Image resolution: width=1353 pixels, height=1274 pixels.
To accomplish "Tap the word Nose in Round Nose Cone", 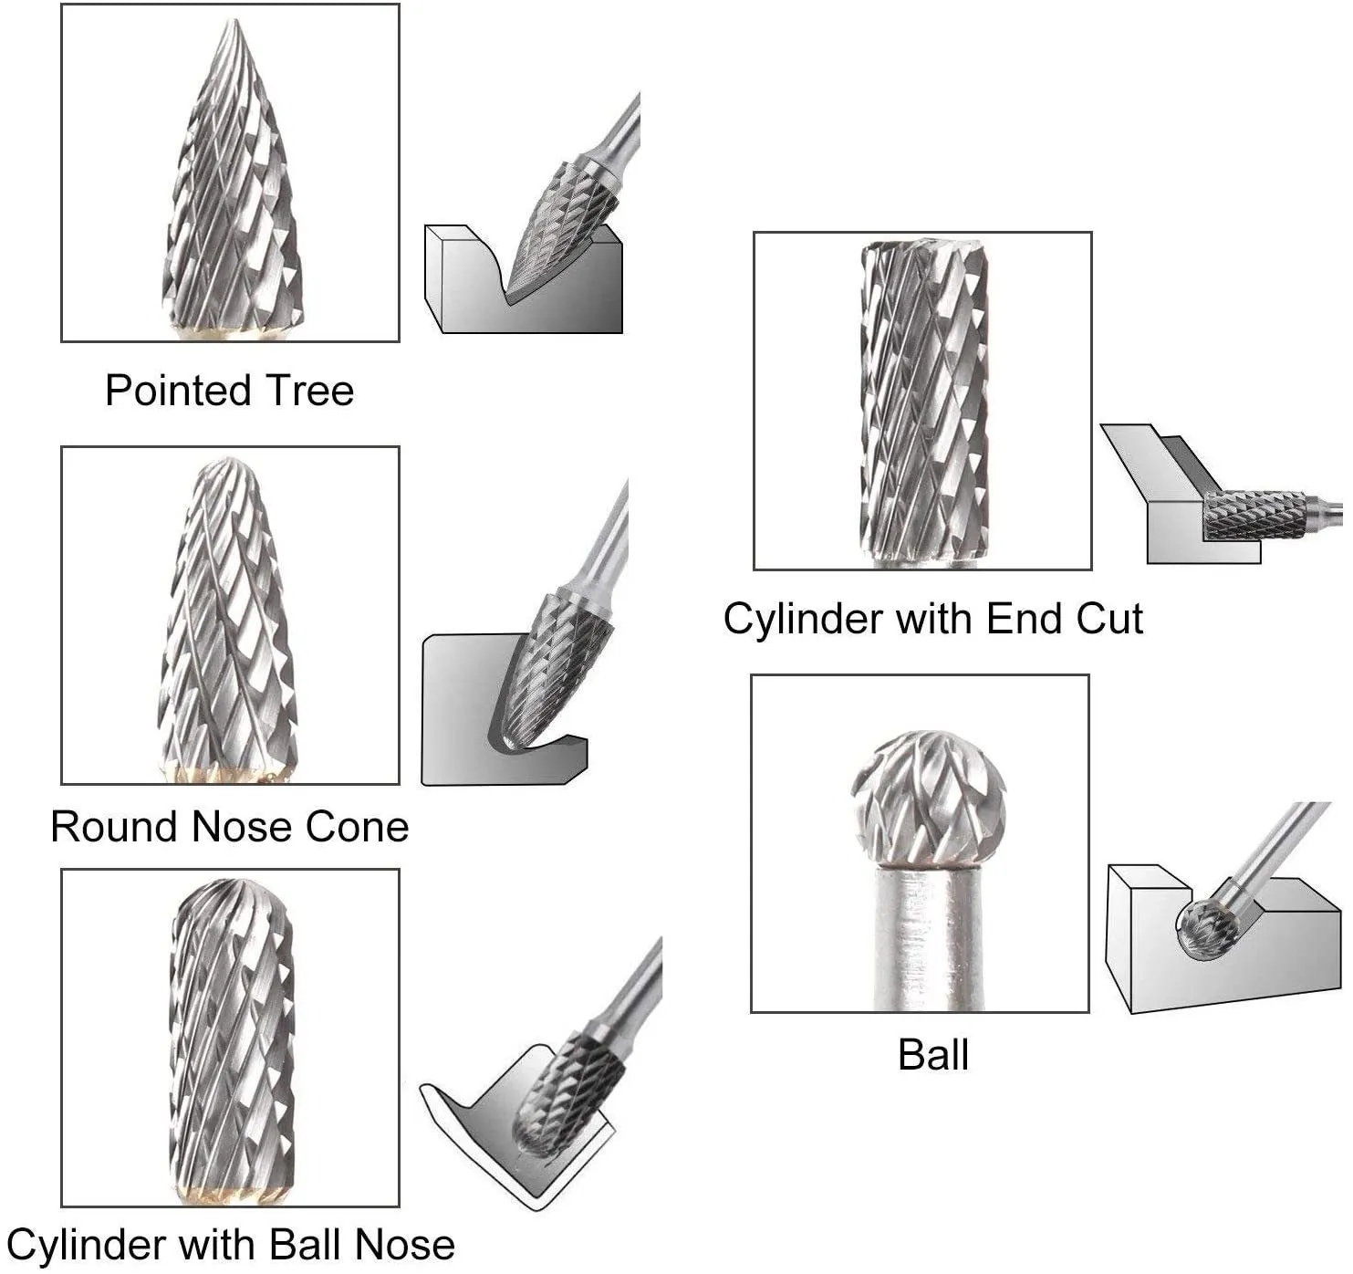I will click(242, 827).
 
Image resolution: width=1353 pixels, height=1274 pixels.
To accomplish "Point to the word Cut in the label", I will click(1108, 619).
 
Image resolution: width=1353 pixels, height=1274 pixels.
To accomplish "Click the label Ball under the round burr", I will click(932, 1055).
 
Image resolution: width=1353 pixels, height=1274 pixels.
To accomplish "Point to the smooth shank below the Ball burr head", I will click(929, 940).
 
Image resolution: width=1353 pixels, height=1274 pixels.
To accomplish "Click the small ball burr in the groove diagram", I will click(1206, 928).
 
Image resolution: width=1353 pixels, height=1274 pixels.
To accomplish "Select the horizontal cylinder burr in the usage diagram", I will click(1254, 515).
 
